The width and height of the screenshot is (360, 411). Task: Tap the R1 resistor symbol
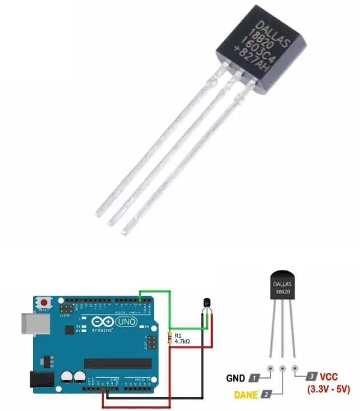[169, 338]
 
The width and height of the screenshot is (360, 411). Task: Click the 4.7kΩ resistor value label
[184, 341]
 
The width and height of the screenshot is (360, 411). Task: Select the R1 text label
[178, 335]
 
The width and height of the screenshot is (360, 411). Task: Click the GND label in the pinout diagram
[235, 378]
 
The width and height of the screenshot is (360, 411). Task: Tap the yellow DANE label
[246, 394]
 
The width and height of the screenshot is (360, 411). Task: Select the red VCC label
[329, 377]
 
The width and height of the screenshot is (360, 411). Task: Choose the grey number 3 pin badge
[311, 377]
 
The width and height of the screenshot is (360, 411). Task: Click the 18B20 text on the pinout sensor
[282, 291]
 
